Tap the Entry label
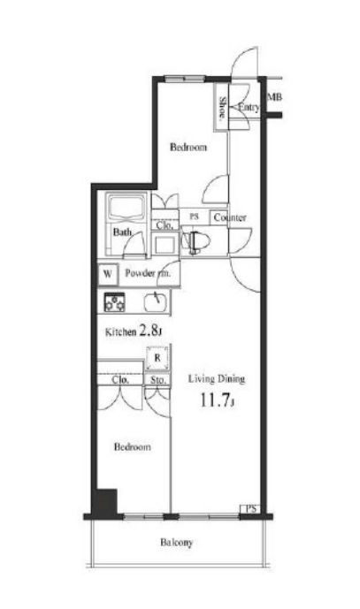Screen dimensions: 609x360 (x=249, y=108)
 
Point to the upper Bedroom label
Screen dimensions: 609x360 (x=188, y=148)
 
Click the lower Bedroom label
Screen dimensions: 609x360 (x=132, y=447)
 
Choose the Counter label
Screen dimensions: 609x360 (x=229, y=217)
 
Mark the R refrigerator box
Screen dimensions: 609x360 (x=157, y=359)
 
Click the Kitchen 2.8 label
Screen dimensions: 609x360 (x=132, y=332)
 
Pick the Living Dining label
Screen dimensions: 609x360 (x=216, y=379)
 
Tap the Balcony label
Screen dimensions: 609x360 (x=177, y=542)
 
